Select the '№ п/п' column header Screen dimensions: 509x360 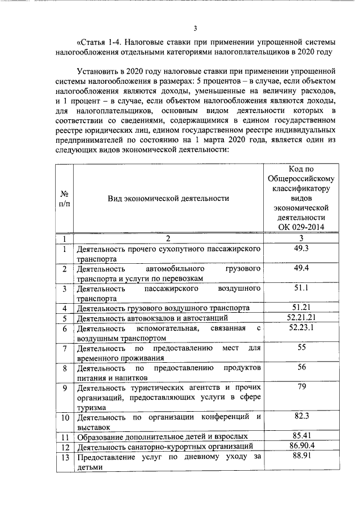pos(65,198)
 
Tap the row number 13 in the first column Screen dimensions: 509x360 pos(65,458)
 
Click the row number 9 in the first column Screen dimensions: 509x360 pos(65,388)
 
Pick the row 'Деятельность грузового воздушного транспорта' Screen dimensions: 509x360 pos(164,308)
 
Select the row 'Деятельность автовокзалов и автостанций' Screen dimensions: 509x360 pos(151,318)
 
